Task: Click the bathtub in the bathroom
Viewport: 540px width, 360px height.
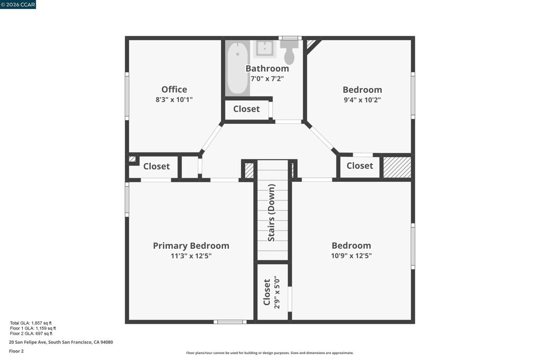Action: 238,68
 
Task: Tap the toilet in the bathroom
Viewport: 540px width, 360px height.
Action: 289,52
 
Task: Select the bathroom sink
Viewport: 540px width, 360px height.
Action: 265,49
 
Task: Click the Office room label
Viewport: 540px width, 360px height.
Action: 174,90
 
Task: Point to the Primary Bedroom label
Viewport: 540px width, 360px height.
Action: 191,246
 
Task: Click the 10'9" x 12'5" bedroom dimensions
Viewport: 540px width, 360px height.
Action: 351,256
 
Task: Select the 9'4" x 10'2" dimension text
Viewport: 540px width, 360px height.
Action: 362,100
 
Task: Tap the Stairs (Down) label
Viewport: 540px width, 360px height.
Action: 272,213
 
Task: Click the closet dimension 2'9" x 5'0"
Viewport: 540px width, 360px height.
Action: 277,292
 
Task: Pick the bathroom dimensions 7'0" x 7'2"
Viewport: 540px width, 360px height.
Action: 267,79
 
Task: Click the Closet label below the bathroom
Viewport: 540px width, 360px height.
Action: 247,109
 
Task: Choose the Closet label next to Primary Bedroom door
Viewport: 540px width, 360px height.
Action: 156,167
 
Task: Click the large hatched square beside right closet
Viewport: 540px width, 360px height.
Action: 397,167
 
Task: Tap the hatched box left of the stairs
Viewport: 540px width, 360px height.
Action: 249,170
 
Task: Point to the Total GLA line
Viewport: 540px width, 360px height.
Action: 31,323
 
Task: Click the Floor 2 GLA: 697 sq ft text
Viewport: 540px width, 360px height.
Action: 31,334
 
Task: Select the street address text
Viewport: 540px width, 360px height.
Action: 61,342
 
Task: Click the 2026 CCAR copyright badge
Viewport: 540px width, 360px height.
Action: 18,4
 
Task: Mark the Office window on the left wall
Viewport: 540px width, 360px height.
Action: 127,96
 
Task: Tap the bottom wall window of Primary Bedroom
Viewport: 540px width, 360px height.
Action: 230,322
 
